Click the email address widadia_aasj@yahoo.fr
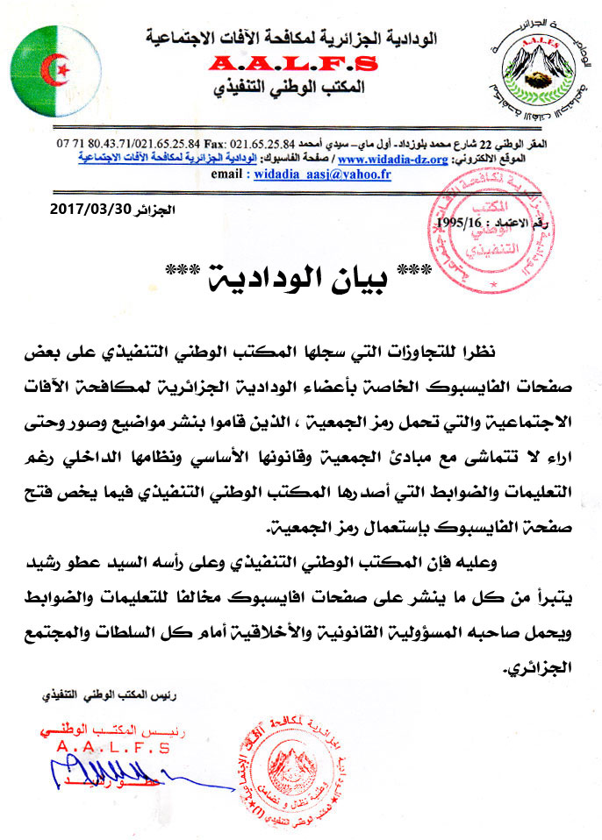319,174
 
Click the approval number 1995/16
461,224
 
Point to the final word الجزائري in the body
539,669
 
